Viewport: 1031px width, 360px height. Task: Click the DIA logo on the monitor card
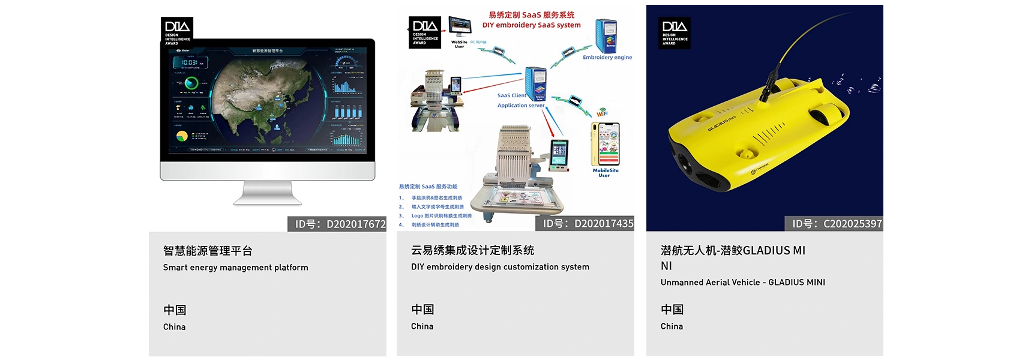177,32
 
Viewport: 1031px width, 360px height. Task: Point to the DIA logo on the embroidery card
425,32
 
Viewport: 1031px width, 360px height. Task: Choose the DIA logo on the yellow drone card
674,32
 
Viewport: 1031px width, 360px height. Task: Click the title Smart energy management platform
235,267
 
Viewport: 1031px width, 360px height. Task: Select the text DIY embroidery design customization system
500,266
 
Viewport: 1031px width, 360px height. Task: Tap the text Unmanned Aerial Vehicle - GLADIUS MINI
742,282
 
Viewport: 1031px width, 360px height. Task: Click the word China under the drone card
672,326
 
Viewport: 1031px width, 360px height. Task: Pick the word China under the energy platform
174,326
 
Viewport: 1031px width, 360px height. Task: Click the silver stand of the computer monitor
267,193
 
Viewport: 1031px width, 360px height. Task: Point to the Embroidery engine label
607,58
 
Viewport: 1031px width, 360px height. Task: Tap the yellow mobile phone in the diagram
606,145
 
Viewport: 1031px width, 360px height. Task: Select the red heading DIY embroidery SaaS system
531,25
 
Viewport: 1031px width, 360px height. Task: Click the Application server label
520,106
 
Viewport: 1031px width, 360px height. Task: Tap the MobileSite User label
605,173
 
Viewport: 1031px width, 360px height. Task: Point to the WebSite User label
459,44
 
